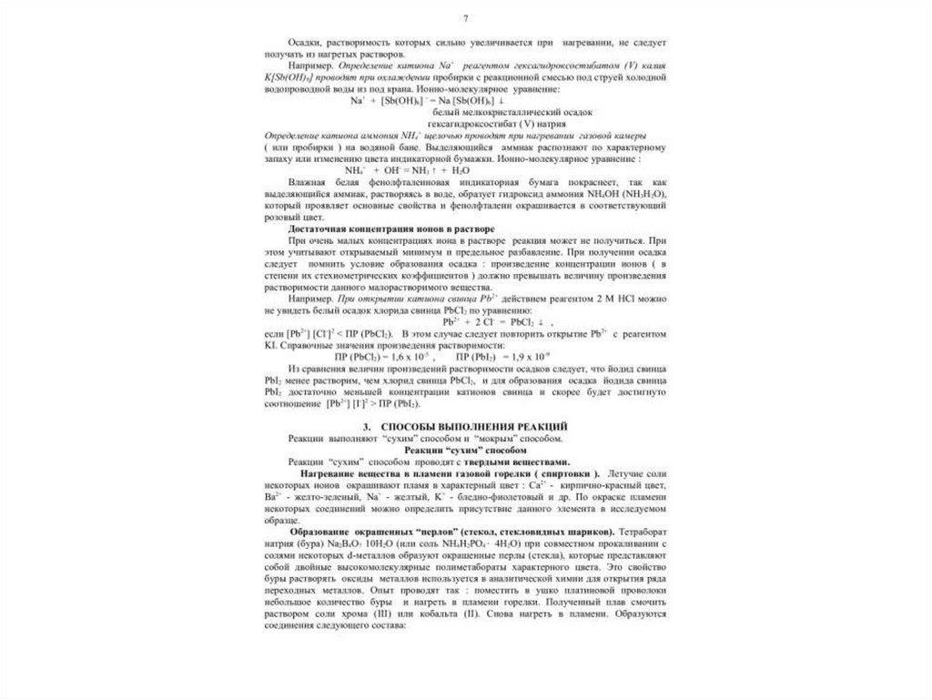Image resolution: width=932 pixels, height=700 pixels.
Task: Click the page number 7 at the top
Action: [x=466, y=19]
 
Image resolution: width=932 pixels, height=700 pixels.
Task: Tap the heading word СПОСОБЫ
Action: [x=414, y=426]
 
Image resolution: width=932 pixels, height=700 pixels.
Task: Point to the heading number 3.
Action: [x=365, y=426]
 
